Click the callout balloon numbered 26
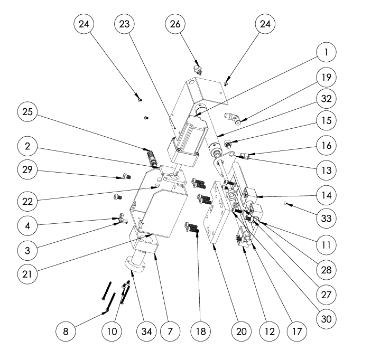(175, 24)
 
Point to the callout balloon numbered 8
(65, 331)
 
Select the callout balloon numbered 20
(241, 331)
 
